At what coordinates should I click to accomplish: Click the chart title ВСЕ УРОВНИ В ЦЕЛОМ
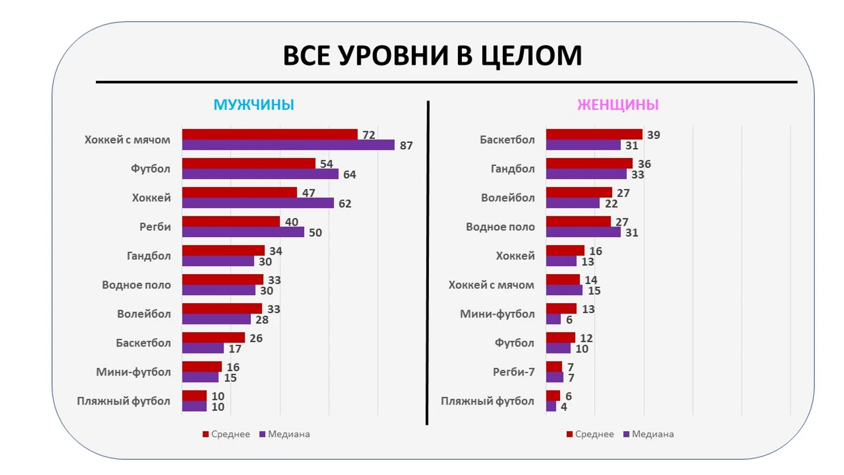432,56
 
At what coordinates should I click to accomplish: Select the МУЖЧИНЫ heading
254,105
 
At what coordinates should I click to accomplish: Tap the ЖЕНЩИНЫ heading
617,105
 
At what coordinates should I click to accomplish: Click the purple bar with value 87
288,145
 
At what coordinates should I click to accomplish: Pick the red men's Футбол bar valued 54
249,164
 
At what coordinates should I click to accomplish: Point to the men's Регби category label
155,227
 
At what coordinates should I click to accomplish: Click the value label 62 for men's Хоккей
345,204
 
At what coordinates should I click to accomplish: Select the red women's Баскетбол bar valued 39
594,135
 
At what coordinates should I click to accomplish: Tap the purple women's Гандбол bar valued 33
586,174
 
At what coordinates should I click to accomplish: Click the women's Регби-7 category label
513,372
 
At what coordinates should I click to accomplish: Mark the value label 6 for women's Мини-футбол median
569,320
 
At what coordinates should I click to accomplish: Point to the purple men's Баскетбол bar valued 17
203,348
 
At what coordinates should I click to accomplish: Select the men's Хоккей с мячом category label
127,139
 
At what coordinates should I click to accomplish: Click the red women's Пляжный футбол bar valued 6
553,396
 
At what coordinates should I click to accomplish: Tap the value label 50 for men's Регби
315,233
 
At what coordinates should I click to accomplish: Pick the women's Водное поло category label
500,227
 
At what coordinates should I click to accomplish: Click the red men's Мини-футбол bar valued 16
202,367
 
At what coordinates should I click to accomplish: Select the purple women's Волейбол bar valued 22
572,203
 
